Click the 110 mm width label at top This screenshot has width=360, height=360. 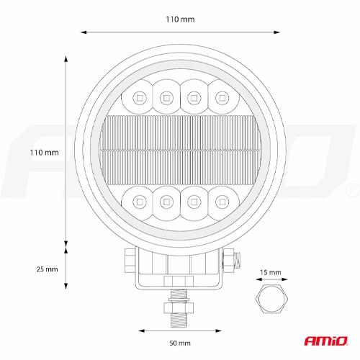pos(179,19)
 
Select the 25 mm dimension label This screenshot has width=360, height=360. pos(46,269)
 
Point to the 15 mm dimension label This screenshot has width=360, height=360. pos(271,273)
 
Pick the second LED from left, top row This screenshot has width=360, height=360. pos(166,94)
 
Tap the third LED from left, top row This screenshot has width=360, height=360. pos(193,94)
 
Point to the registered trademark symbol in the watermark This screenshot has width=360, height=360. pos(351,189)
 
